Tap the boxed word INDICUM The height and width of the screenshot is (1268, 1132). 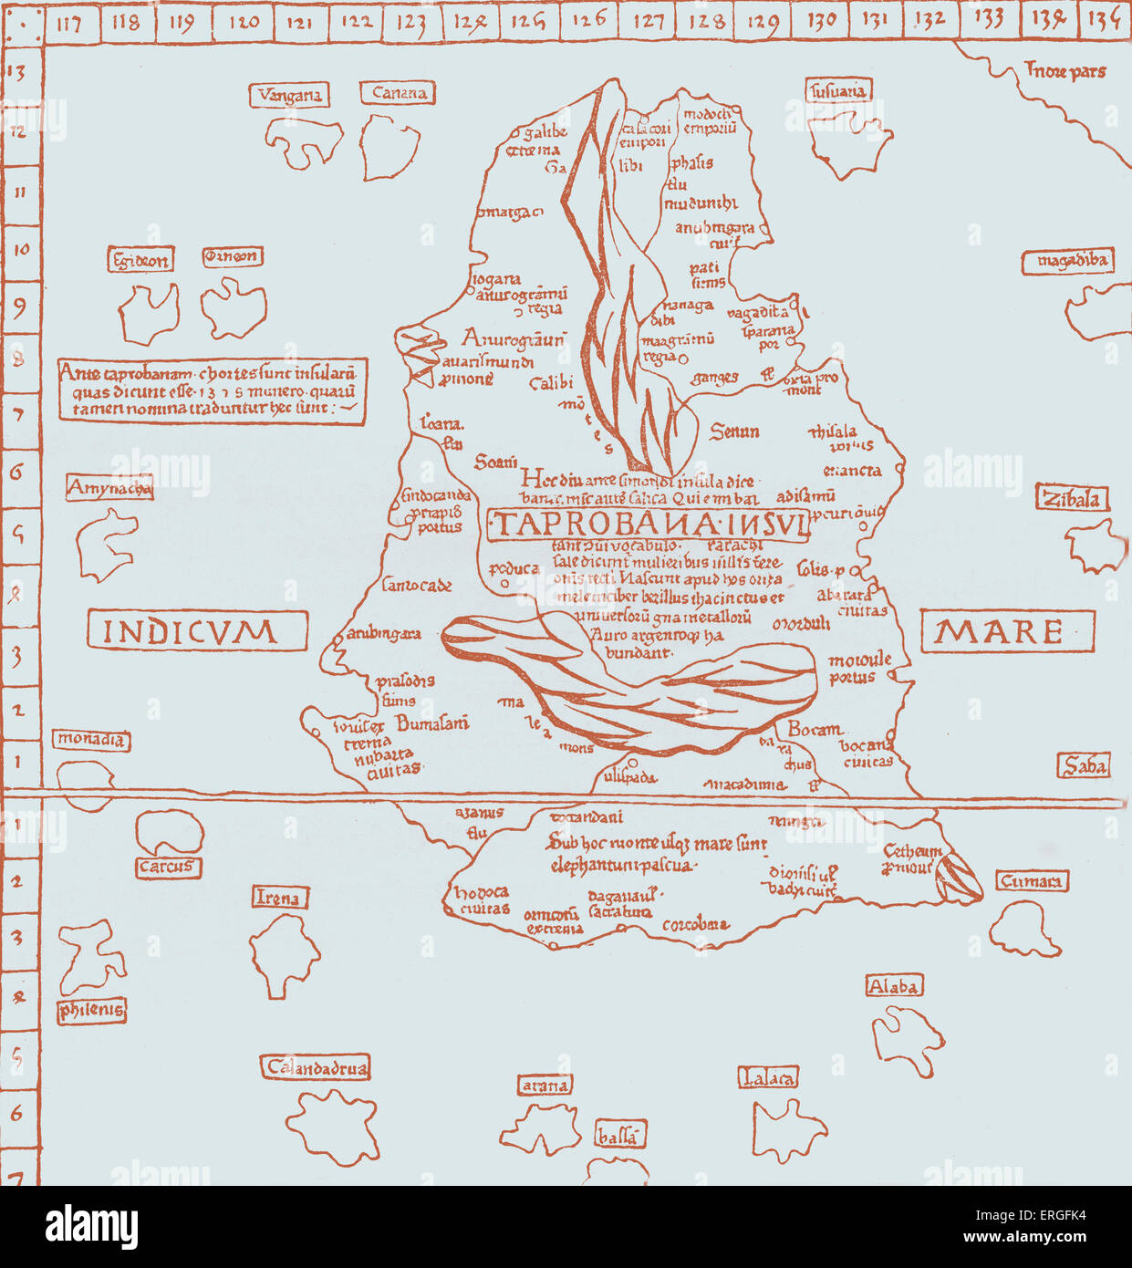[197, 631]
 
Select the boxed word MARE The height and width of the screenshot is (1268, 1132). [1006, 631]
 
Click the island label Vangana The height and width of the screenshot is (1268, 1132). [289, 95]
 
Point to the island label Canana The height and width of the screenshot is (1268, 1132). [400, 93]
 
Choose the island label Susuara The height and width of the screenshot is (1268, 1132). [838, 91]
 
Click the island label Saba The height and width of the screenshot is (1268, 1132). [1085, 766]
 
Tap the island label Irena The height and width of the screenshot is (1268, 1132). [278, 898]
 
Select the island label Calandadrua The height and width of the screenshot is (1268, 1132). [317, 1067]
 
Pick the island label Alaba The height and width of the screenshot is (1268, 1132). [894, 986]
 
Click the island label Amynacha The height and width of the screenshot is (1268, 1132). [109, 489]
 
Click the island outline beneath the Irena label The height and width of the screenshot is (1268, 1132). [284, 955]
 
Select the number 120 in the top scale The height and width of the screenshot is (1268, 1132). [243, 21]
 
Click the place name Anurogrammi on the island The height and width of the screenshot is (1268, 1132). [513, 338]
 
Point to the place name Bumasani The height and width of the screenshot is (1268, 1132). [432, 723]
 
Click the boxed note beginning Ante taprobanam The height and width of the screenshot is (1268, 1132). [212, 390]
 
